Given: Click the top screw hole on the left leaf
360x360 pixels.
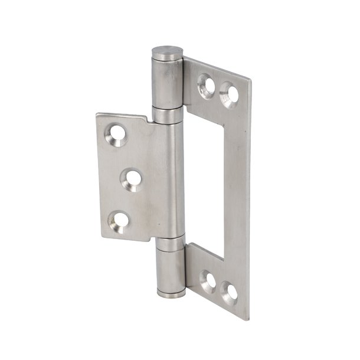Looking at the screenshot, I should click(117, 135).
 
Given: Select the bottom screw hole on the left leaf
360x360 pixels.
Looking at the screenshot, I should click(120, 221).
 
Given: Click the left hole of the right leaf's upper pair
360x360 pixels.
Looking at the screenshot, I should click(207, 84).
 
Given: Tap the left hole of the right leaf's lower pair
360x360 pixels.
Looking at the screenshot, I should click(208, 280).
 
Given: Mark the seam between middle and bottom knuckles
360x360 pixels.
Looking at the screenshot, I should click(171, 240).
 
